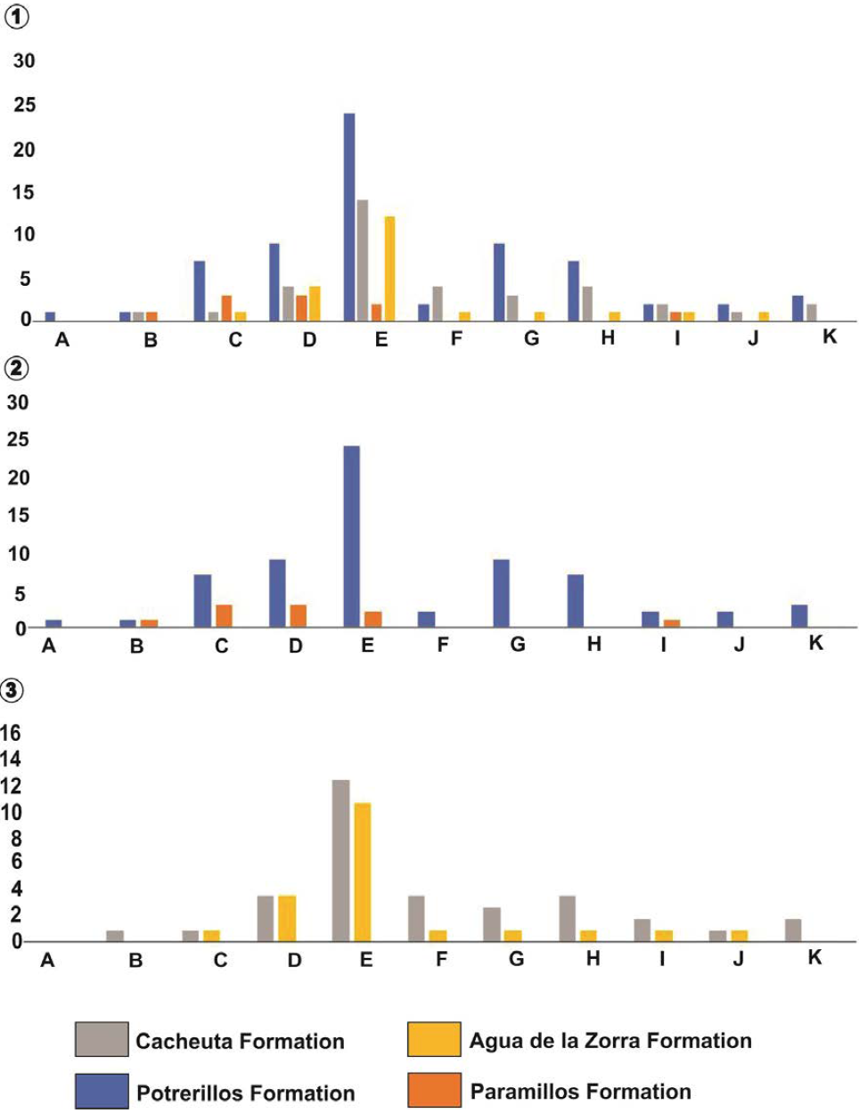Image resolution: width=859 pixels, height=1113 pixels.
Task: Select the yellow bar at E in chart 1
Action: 389,268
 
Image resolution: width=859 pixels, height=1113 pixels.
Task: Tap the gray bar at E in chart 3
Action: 340,860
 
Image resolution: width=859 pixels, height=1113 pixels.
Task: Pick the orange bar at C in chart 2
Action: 224,616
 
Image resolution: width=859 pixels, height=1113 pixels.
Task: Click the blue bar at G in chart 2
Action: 501,593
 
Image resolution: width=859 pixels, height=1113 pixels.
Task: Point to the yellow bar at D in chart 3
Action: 287,918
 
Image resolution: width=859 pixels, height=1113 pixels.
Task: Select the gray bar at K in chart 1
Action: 812,312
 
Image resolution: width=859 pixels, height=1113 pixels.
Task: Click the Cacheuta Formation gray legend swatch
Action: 102,1039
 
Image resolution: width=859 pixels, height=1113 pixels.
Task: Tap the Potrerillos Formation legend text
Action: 245,1093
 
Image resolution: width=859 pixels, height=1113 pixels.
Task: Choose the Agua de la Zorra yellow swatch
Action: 433,1039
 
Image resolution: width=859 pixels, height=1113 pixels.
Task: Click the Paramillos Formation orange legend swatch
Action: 433,1091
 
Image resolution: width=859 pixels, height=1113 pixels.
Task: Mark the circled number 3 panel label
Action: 12,689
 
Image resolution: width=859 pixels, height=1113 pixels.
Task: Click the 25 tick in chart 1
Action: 24,104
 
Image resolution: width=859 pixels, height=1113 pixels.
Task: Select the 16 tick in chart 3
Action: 11,733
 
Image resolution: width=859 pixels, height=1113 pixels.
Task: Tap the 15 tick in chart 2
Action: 18,515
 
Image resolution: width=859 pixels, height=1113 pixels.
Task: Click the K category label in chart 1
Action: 830,337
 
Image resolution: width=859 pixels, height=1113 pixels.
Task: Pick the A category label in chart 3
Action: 48,960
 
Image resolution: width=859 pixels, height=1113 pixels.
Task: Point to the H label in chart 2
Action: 594,645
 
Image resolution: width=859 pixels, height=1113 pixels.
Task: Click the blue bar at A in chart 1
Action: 50,316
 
